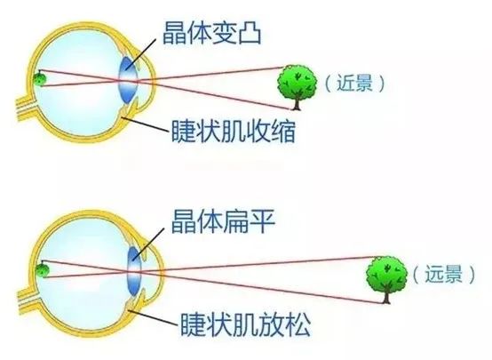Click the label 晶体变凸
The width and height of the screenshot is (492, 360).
212,33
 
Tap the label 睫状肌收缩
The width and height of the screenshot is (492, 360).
234,131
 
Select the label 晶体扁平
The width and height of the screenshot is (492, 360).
223,221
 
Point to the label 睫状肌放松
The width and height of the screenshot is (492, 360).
246,324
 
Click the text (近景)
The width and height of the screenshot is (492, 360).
355,84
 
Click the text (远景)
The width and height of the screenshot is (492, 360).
443,275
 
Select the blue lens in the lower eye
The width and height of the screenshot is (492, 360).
135,271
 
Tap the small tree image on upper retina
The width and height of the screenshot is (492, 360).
40,79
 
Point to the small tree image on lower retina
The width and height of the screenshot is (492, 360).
42,271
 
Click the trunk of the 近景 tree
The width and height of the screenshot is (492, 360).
296,104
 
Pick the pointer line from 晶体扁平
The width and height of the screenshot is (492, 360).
148,244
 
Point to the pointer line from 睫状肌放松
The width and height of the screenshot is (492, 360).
155,317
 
